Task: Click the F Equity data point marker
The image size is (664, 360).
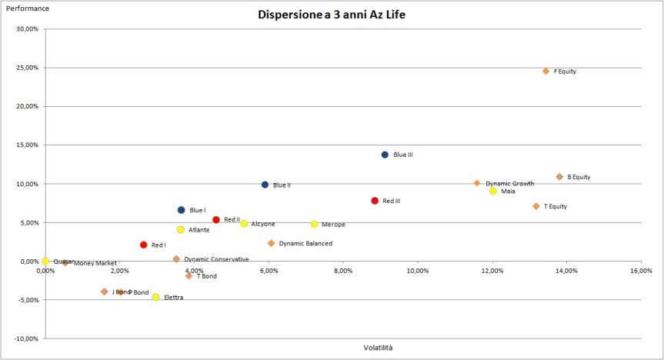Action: [546, 72]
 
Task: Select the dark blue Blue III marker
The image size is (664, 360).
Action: [385, 155]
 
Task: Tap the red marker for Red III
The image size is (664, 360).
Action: [375, 201]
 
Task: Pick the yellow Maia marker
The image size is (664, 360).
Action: [493, 191]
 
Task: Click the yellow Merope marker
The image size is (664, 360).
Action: [314, 224]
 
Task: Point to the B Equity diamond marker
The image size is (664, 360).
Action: [559, 177]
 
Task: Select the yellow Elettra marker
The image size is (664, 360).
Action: [155, 297]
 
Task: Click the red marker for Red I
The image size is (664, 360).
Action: [143, 245]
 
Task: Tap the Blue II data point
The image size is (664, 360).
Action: [265, 185]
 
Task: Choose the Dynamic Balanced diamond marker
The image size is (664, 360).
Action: [271, 243]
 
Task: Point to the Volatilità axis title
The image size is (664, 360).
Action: [378, 348]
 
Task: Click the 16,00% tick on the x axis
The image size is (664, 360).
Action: [641, 271]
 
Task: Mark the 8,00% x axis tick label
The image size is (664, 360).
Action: [343, 271]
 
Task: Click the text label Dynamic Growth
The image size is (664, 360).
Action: [509, 184]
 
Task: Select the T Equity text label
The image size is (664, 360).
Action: [555, 206]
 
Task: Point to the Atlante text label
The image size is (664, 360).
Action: [199, 230]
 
